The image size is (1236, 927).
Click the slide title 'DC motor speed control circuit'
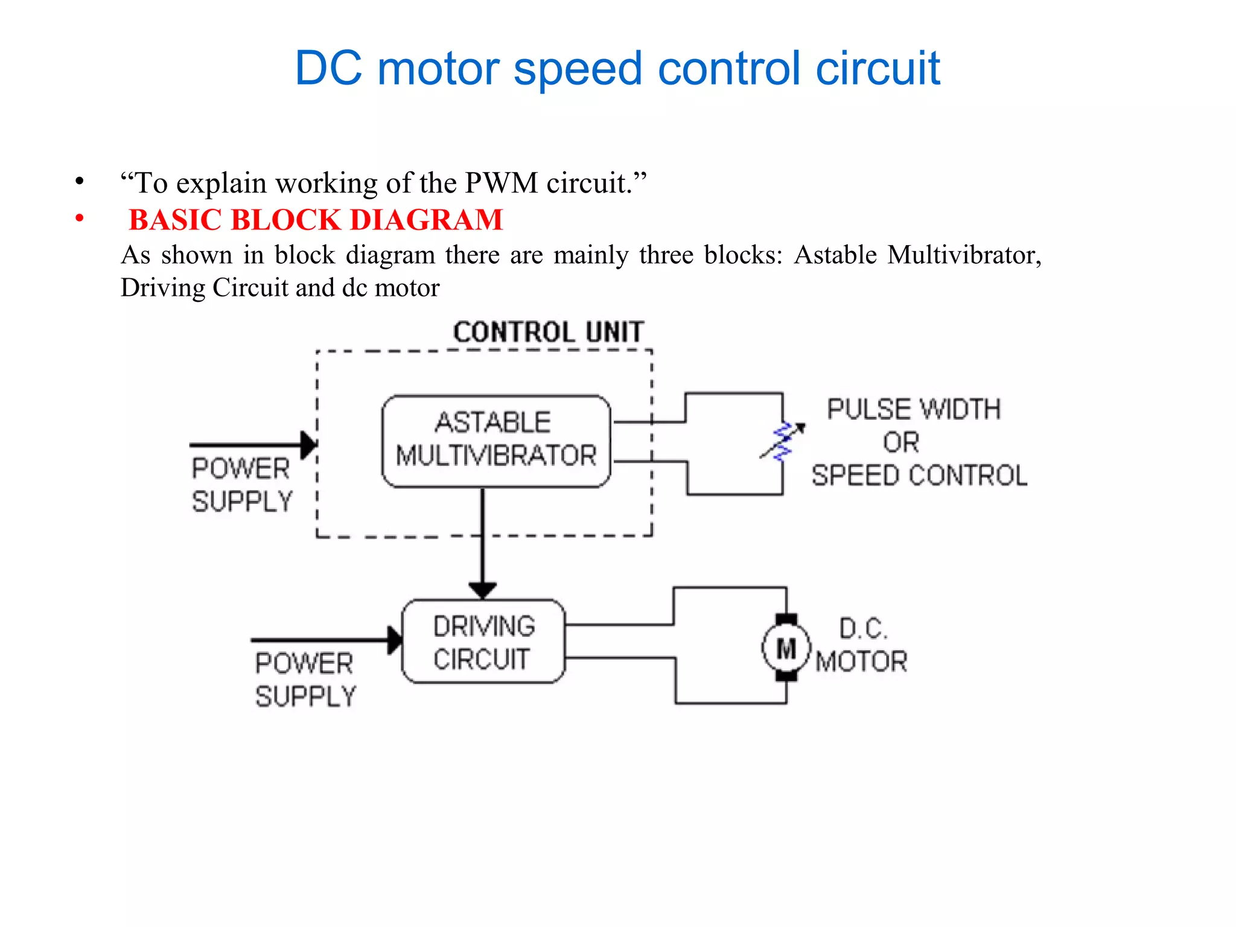[x=617, y=68]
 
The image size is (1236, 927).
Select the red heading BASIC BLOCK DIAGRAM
[x=316, y=220]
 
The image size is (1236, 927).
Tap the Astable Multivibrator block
[x=496, y=441]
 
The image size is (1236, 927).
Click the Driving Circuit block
[x=483, y=642]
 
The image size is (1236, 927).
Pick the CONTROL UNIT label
[x=549, y=332]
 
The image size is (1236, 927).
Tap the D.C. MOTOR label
[x=862, y=645]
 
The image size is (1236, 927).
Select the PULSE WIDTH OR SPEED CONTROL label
[x=918, y=442]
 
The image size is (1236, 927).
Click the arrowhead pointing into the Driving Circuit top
[x=482, y=590]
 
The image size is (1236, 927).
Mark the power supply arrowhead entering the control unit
[x=308, y=445]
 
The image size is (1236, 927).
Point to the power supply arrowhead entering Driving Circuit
[x=395, y=640]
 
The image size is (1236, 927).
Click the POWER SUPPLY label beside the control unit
[x=242, y=485]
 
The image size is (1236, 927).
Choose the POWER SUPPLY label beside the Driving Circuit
[x=305, y=680]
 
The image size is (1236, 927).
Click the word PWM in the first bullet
[x=501, y=183]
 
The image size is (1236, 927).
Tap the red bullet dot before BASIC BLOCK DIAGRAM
[x=79, y=218]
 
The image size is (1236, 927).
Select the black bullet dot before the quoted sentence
[x=79, y=181]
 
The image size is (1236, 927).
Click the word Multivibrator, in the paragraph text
[x=964, y=255]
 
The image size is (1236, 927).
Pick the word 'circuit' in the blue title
[x=878, y=68]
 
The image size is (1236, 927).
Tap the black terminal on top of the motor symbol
[x=786, y=619]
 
